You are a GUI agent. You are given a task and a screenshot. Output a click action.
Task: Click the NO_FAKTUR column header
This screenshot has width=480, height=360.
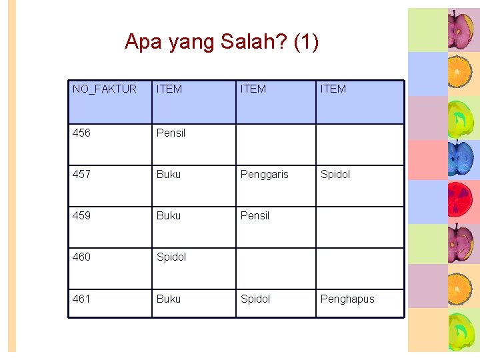(x=105, y=89)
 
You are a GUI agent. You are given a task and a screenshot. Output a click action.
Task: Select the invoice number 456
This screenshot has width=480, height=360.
(x=81, y=133)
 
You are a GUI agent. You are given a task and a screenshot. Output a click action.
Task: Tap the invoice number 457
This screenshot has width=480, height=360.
(x=81, y=174)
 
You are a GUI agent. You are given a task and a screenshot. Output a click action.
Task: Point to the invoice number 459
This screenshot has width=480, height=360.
(x=81, y=215)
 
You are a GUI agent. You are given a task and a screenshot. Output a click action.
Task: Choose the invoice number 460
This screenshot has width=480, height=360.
(x=81, y=257)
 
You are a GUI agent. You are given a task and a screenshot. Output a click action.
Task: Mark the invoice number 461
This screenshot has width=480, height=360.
(x=81, y=299)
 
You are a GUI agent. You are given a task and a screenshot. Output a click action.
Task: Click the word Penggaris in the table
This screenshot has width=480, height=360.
(x=265, y=174)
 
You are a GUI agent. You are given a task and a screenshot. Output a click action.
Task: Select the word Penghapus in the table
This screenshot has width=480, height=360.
(x=347, y=299)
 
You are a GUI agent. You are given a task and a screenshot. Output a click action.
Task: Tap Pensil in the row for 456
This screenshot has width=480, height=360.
(x=171, y=133)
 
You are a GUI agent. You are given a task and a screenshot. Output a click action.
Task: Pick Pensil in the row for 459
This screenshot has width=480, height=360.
(x=255, y=215)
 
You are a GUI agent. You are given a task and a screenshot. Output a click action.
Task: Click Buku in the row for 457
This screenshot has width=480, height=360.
(x=168, y=174)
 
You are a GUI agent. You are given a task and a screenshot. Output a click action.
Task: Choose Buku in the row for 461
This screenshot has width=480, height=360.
(x=168, y=299)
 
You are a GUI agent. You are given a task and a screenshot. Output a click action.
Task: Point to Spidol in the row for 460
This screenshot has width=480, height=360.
(x=171, y=257)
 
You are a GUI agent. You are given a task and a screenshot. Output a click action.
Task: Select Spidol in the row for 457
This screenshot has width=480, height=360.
(x=335, y=174)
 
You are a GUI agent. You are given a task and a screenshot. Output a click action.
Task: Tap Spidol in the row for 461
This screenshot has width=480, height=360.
(x=255, y=299)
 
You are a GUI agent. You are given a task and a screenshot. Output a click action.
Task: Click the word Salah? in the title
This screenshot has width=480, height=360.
(x=254, y=42)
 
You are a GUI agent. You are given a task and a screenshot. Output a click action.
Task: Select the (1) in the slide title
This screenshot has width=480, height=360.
(x=306, y=42)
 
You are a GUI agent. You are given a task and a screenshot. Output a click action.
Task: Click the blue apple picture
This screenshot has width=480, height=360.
(x=459, y=159)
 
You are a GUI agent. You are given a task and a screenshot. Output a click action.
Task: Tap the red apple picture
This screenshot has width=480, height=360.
(x=459, y=202)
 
